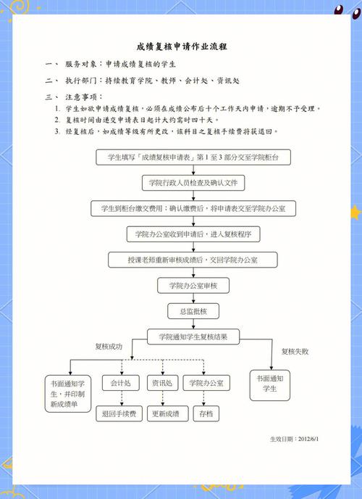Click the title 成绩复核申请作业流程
pos(182,46)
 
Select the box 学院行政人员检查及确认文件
pos(193,183)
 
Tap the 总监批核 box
pos(193,311)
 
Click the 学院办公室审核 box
pos(193,286)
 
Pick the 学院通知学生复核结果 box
pos(193,337)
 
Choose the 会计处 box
pos(121,383)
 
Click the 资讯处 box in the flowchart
pos(162,383)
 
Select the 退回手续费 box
pos(119,413)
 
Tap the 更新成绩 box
pos(168,413)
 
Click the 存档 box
pos(206,413)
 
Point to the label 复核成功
pos(109,346)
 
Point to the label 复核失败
pos(295,351)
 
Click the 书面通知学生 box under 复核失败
pos(270,385)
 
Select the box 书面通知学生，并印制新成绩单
pos(68,394)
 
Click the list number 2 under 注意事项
pos(57,120)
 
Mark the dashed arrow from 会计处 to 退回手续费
pos(122,398)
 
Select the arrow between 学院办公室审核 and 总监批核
pos(193,299)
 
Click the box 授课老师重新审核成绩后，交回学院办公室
pos(193,260)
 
